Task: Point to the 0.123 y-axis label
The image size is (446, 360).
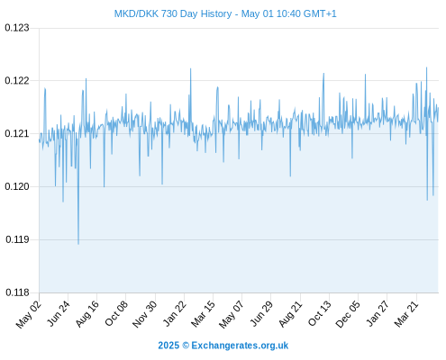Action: (17, 28)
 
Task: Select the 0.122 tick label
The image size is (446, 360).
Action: (17, 81)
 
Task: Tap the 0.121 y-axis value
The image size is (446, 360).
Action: (17, 133)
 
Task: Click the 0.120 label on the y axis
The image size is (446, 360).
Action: (17, 186)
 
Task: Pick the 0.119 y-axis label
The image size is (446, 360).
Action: (17, 239)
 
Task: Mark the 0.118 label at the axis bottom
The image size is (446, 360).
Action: (17, 292)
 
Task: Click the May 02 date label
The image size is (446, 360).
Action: (29, 314)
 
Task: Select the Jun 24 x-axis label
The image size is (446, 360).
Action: (59, 313)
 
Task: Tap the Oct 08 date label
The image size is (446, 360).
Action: (116, 313)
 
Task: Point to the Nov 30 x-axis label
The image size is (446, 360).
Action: (144, 314)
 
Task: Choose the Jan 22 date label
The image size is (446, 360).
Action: (174, 313)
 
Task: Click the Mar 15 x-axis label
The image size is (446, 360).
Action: (203, 313)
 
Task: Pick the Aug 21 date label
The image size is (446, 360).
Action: (290, 313)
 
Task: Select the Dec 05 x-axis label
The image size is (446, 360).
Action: (348, 314)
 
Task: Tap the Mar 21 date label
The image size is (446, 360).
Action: (406, 313)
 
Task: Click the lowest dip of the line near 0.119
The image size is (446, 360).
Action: (78, 244)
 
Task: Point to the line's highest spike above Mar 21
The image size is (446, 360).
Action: (426, 67)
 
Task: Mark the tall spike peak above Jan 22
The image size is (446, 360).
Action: (190, 68)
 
